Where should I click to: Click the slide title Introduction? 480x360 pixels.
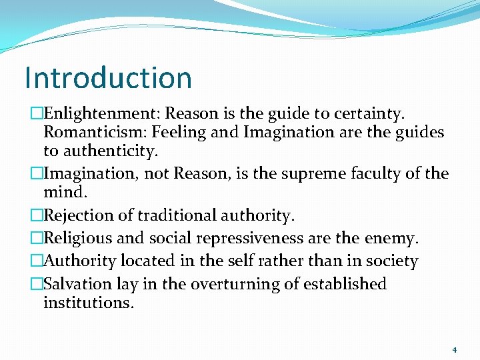(x=108, y=77)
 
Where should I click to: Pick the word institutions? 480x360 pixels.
(x=89, y=303)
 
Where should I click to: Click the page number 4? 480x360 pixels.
(x=455, y=349)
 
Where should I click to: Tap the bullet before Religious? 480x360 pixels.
(x=37, y=238)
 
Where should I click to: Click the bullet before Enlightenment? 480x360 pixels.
(x=37, y=113)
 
